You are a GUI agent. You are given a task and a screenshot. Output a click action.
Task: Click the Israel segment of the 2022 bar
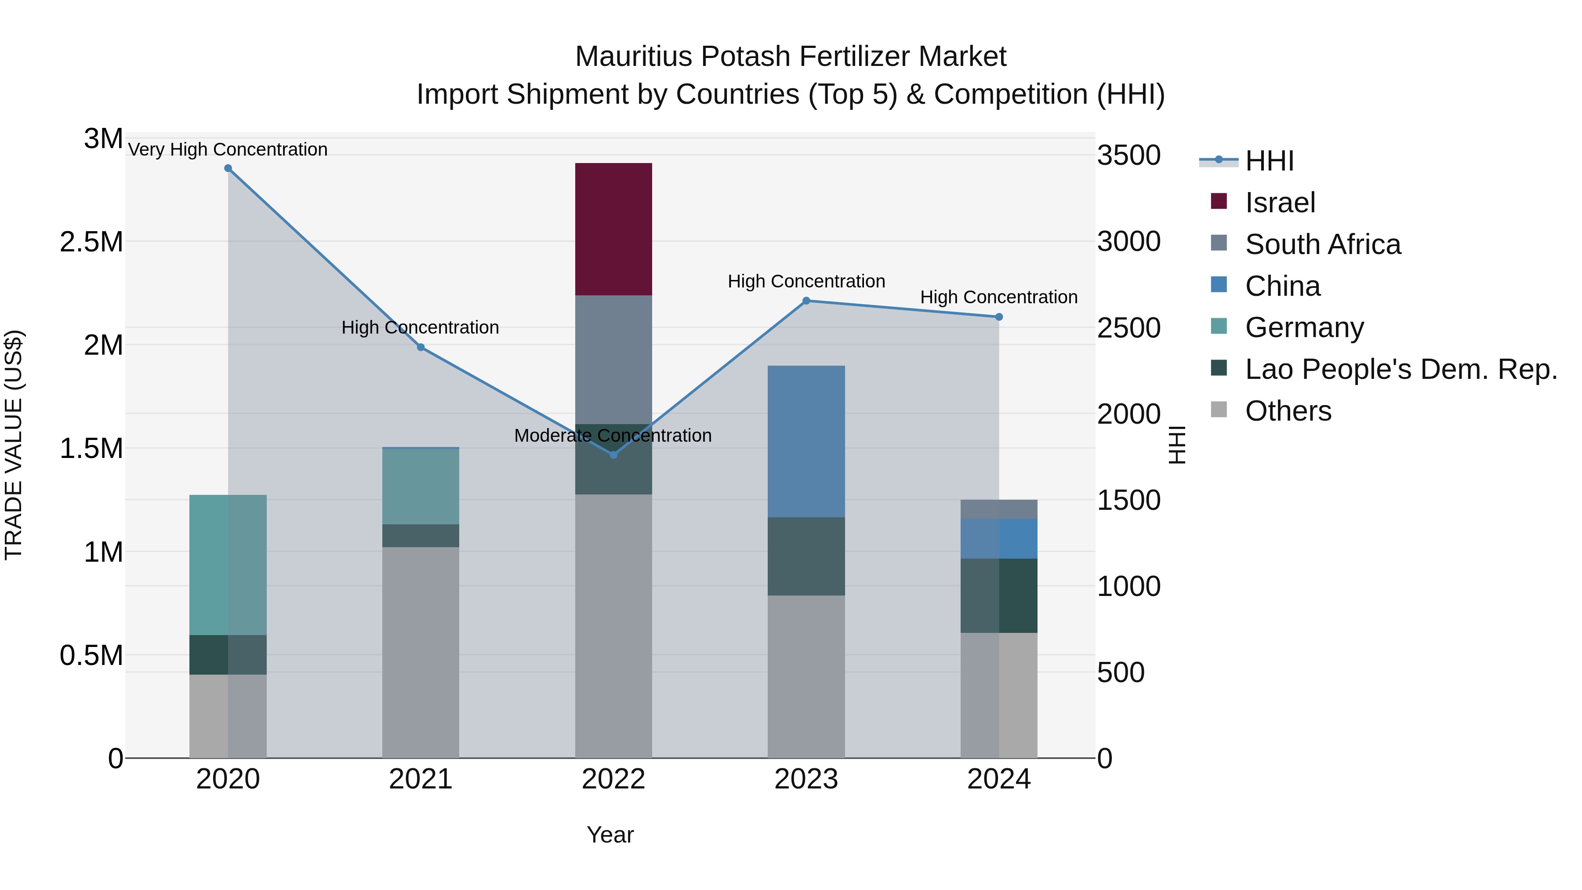(613, 229)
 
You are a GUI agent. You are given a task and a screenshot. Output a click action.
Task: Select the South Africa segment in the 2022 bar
(613, 360)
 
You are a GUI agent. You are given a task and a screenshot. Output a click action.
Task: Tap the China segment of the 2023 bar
(806, 441)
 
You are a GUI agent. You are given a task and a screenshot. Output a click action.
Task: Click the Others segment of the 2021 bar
(421, 652)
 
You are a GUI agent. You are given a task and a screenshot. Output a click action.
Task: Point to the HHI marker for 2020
(228, 168)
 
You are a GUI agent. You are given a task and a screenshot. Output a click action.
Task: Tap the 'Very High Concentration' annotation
(228, 149)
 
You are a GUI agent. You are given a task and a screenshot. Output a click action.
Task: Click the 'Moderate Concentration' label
(613, 436)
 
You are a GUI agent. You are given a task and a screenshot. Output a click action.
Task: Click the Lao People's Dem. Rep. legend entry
(1400, 369)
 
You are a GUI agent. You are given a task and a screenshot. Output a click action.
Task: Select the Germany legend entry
(1304, 327)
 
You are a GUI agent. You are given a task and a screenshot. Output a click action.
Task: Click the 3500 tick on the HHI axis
(1129, 156)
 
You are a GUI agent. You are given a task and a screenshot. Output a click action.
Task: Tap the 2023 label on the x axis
(806, 779)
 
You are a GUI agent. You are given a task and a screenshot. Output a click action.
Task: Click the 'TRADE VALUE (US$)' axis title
(14, 445)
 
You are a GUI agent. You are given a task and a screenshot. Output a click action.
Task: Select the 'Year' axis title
(610, 835)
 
